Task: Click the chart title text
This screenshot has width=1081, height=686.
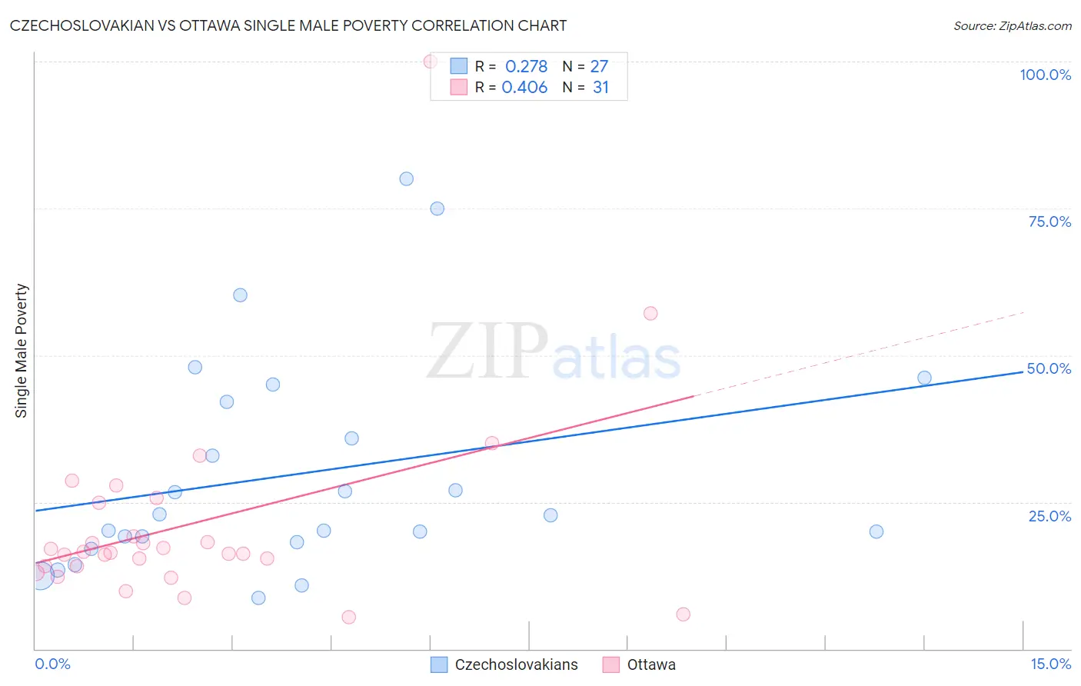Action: [288, 25]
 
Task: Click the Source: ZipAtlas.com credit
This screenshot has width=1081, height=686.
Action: [1012, 25]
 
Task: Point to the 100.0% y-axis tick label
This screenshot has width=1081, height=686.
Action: [1045, 75]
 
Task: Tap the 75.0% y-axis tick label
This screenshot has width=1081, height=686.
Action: [1049, 221]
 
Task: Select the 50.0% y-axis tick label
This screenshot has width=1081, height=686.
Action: [1049, 368]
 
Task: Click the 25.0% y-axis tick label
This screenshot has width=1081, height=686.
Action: [1049, 516]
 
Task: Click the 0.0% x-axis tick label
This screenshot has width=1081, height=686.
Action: [52, 664]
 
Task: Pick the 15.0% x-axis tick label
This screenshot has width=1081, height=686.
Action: [1050, 664]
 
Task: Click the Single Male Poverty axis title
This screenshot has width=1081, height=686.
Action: [22, 351]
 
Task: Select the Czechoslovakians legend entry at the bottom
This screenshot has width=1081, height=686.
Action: [504, 664]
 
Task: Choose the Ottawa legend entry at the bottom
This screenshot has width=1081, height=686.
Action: [640, 664]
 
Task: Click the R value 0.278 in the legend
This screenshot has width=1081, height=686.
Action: [526, 67]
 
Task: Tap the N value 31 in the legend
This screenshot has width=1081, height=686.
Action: [600, 88]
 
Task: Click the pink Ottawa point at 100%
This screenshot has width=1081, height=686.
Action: [431, 62]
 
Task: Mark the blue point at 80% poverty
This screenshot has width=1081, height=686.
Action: [407, 179]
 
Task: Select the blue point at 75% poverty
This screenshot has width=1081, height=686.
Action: [437, 208]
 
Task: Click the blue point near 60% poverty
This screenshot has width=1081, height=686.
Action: [241, 295]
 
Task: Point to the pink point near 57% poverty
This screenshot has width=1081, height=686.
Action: [650, 313]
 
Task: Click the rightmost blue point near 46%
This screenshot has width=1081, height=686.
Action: [924, 378]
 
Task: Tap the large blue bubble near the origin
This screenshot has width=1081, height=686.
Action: [42, 576]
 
